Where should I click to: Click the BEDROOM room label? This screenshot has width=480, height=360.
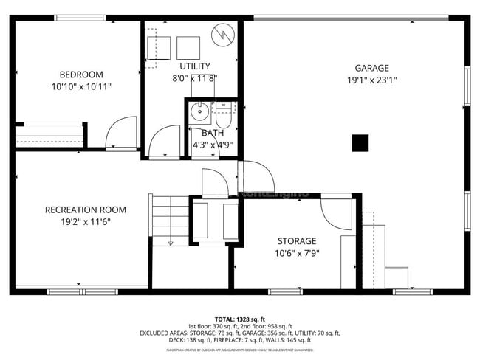(x=81, y=75)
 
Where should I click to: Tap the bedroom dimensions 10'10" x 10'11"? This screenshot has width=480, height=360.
(x=81, y=86)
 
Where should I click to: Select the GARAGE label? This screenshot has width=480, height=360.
(x=371, y=68)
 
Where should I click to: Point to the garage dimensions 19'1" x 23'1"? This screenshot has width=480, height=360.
(x=371, y=80)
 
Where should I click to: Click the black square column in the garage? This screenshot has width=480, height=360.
(x=360, y=142)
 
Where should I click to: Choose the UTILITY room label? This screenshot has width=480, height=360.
(x=195, y=66)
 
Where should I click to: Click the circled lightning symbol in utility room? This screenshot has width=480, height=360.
(x=222, y=35)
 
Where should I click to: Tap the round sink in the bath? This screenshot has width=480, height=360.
(x=199, y=112)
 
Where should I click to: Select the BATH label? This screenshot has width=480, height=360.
(x=212, y=133)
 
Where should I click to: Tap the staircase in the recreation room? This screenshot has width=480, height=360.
(x=170, y=219)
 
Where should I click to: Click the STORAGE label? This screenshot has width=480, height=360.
(x=297, y=241)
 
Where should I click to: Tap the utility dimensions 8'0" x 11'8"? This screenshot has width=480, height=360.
(x=195, y=77)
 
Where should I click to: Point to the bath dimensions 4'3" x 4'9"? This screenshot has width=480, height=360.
(x=212, y=145)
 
